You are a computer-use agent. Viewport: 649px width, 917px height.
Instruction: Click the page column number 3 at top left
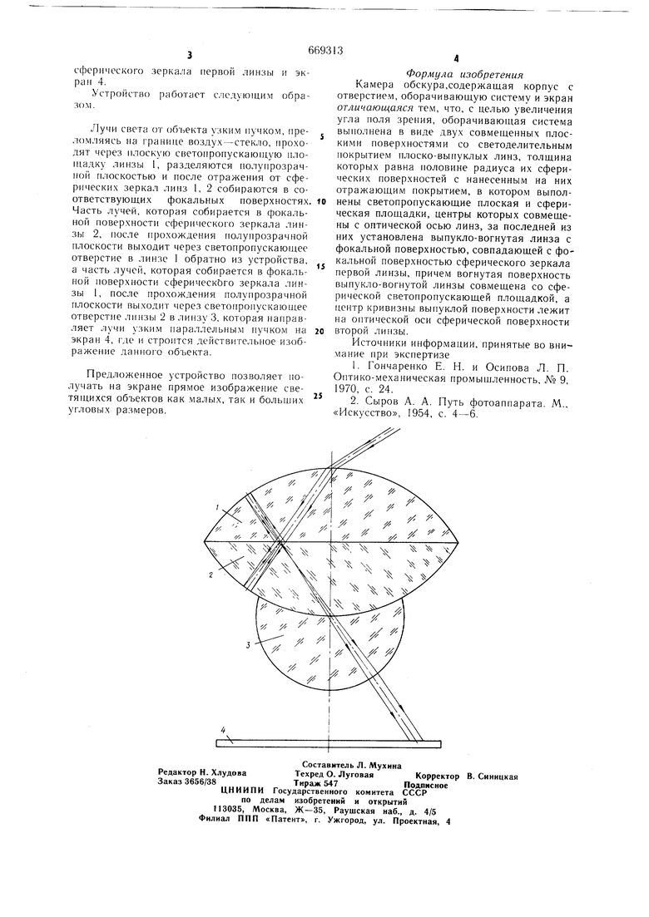(x=189, y=56)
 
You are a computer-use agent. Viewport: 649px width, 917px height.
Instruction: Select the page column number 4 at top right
(x=455, y=58)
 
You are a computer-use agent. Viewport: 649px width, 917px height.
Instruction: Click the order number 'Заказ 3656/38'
(x=187, y=781)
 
